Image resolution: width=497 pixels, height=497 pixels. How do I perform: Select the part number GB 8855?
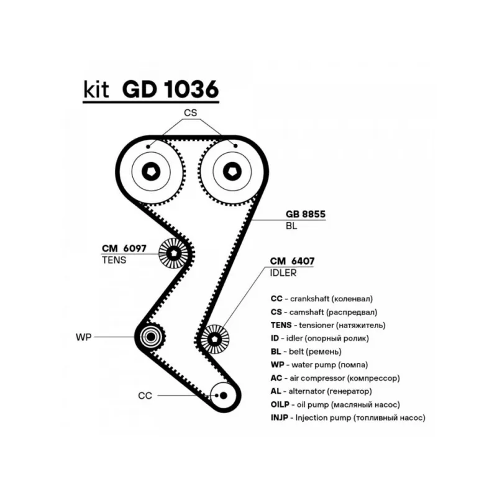pos(305,214)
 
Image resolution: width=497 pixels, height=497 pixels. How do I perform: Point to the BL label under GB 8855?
pos(291,226)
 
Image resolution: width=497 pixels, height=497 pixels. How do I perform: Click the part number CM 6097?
pos(124,248)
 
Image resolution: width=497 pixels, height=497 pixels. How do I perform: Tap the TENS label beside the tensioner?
pos(114,260)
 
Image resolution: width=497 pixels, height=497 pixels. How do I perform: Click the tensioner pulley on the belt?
pos(173,253)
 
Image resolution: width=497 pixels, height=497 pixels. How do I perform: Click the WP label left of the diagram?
pos(84,337)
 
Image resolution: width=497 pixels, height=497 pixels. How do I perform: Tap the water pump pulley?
pos(150,337)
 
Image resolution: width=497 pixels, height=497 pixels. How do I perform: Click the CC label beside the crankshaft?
pos(145,395)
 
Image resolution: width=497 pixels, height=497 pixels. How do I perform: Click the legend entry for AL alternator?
pos(321,391)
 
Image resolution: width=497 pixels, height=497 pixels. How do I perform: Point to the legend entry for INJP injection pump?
pos(348,418)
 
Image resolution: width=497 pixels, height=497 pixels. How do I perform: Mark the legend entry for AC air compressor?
pos(335,377)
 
